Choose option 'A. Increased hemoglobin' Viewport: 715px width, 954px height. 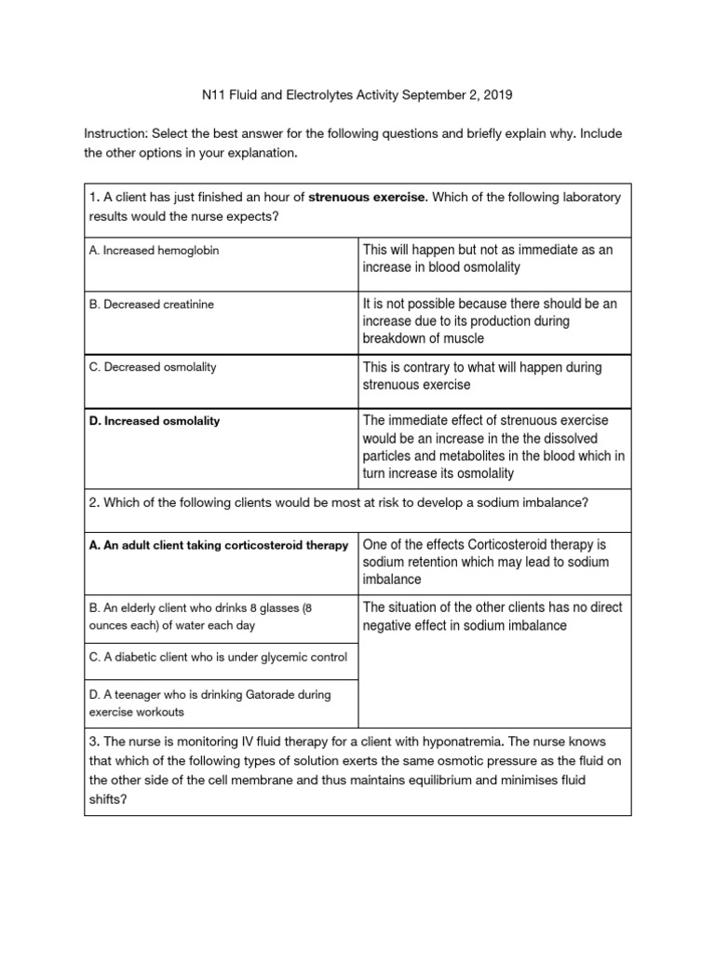pos(155,251)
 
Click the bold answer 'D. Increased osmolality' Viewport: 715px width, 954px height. pos(155,421)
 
